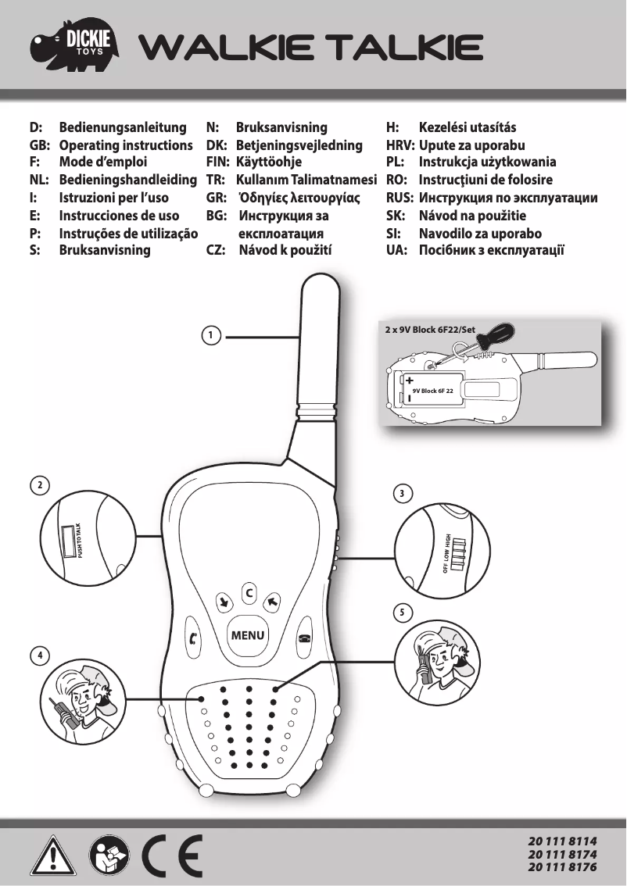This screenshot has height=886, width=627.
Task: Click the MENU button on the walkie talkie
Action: tap(248, 635)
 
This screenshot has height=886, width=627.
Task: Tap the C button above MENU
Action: tap(249, 593)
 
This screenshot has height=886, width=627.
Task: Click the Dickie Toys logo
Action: tap(77, 47)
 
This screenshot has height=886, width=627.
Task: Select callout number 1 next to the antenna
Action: tap(210, 335)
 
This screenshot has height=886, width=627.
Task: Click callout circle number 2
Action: tap(37, 484)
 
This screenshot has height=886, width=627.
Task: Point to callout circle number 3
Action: tap(401, 494)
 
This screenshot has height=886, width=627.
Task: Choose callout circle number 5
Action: tap(401, 613)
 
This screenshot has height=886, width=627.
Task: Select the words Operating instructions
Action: tap(126, 145)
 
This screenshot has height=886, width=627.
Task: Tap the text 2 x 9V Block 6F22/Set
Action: tap(430, 330)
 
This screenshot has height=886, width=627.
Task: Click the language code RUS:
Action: tap(399, 198)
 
